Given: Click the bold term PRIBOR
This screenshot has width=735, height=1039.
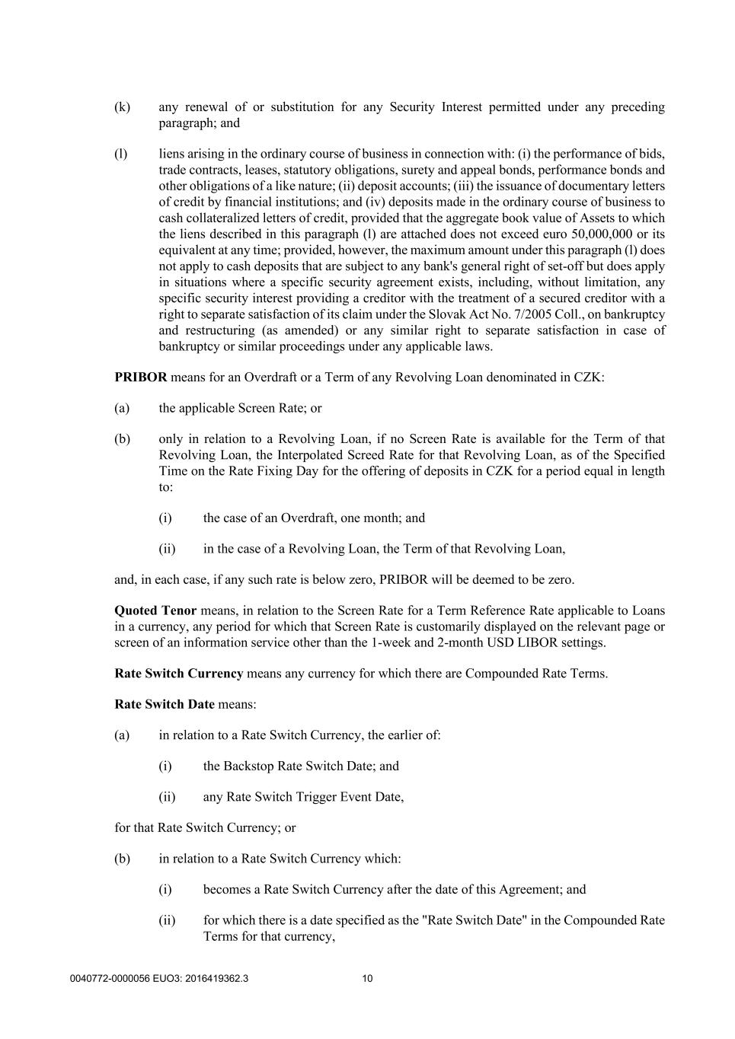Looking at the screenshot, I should tap(141, 378).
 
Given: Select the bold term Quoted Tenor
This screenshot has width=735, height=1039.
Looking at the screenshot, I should tap(155, 610).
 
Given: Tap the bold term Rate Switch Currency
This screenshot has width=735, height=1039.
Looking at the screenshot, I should tap(179, 673).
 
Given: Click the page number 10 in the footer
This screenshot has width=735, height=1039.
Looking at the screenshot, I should tap(367, 979).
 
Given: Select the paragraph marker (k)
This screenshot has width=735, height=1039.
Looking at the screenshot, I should tap(122, 107).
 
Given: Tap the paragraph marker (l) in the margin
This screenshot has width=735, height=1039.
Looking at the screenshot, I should tap(120, 154).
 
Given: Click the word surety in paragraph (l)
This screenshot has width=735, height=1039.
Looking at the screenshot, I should tap(471, 170).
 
